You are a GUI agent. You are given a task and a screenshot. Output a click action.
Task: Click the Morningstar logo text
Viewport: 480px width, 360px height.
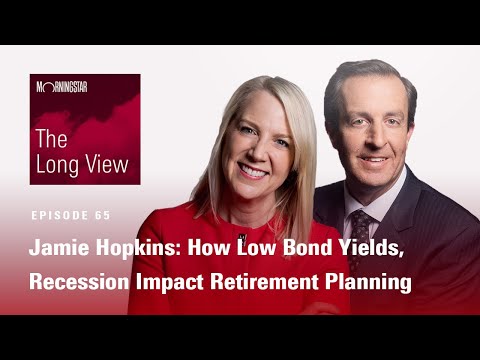[62, 87]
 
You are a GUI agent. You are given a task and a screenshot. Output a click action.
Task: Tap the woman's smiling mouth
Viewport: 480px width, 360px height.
[254, 171]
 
